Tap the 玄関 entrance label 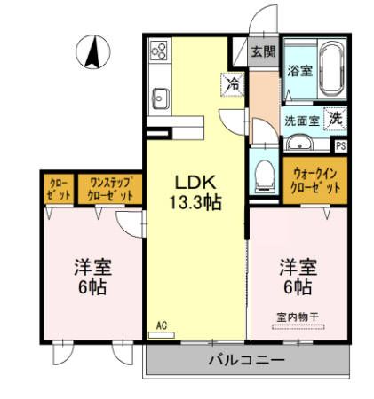pos(262,51)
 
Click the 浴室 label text pos(298,71)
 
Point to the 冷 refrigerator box pos(233,84)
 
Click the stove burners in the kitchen pos(160,51)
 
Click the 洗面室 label pos(301,120)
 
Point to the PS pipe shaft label pos(341,145)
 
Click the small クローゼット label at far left pos(58,188)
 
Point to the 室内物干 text pos(298,316)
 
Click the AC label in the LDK pos(162,325)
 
